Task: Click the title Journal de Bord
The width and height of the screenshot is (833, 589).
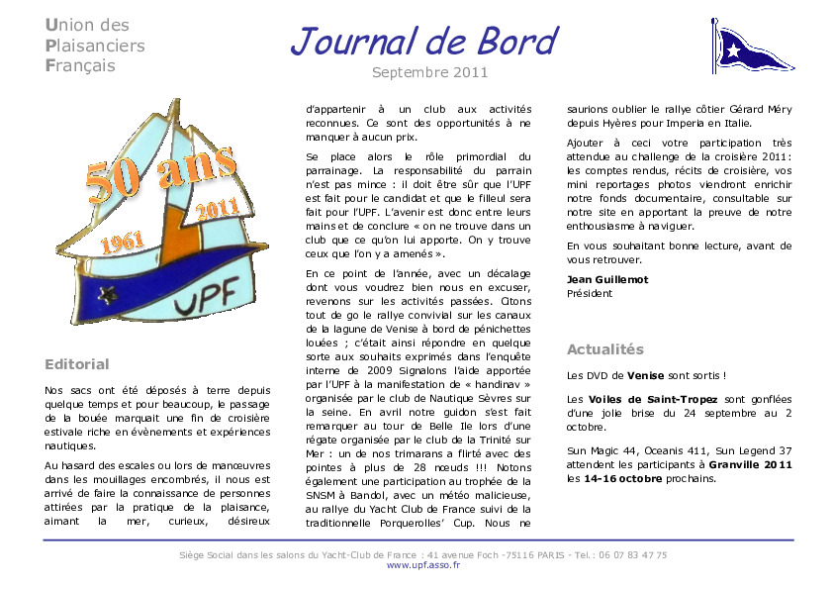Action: coord(423,42)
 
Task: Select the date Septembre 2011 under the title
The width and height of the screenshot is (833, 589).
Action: coord(429,72)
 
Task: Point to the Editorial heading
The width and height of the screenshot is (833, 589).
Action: coord(77,364)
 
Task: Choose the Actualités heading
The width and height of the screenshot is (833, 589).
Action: coord(604,349)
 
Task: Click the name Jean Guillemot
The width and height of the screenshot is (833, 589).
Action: coord(607,279)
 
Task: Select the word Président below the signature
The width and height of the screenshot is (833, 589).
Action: coord(590,293)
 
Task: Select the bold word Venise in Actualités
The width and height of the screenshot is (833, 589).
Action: coord(646,375)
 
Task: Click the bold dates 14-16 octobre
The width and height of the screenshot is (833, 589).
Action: coord(624,478)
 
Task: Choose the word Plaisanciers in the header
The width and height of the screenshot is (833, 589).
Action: coord(95,46)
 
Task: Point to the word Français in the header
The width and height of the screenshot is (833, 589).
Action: coord(80,66)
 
